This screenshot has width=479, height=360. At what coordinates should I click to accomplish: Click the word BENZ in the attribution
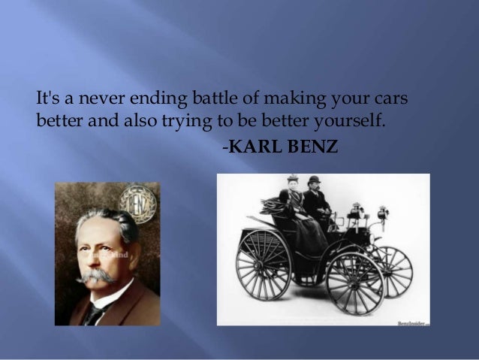pos(304,141)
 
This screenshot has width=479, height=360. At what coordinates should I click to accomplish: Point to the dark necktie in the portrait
pos(93,314)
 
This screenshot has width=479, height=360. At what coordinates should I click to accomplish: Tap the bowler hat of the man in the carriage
pos(314,181)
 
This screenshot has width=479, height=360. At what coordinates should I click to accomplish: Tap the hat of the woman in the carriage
pos(291,181)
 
